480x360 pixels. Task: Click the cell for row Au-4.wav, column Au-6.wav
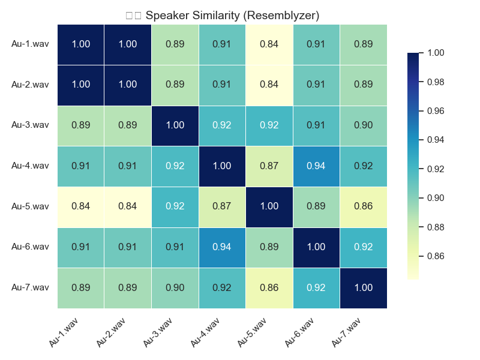click(316, 166)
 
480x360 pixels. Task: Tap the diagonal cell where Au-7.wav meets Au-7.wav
click(363, 287)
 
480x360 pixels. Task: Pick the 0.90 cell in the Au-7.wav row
click(175, 287)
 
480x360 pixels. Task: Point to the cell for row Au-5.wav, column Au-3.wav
click(175, 206)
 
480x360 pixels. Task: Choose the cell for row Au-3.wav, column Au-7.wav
click(363, 125)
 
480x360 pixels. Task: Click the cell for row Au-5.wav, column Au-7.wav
click(363, 206)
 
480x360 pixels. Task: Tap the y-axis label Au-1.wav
click(30, 44)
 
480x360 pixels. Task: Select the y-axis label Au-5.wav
click(30, 206)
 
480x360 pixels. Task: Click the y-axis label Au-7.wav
click(30, 287)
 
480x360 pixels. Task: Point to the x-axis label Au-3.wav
click(159, 332)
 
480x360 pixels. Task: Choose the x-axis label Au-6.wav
click(300, 332)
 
